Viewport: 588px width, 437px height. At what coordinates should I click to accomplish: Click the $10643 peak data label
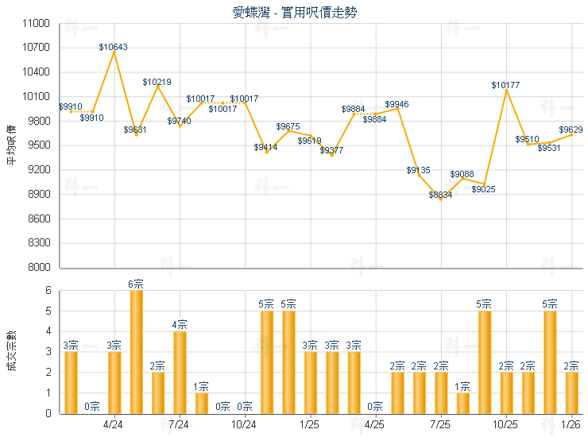tap(114, 47)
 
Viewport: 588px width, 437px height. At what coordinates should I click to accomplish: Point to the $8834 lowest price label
tap(440, 195)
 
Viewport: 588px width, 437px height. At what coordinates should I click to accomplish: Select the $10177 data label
tap(505, 84)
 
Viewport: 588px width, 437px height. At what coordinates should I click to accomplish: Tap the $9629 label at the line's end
tap(571, 130)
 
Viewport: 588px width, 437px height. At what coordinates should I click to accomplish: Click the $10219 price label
tap(157, 82)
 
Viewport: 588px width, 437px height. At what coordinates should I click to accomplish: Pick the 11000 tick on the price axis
tap(37, 24)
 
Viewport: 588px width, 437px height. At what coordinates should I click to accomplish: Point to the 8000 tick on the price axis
tap(40, 268)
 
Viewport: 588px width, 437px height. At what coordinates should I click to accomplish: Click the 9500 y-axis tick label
tap(40, 145)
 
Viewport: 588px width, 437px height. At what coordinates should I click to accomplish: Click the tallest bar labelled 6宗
tap(136, 351)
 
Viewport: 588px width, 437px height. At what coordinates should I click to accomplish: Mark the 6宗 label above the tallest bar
tap(136, 284)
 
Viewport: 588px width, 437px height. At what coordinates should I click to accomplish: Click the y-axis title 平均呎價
tap(11, 145)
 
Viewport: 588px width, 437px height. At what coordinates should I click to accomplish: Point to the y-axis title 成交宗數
tap(11, 351)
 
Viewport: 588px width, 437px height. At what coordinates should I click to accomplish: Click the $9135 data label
tap(419, 170)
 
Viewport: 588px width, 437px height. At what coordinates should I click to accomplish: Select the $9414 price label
tap(265, 147)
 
